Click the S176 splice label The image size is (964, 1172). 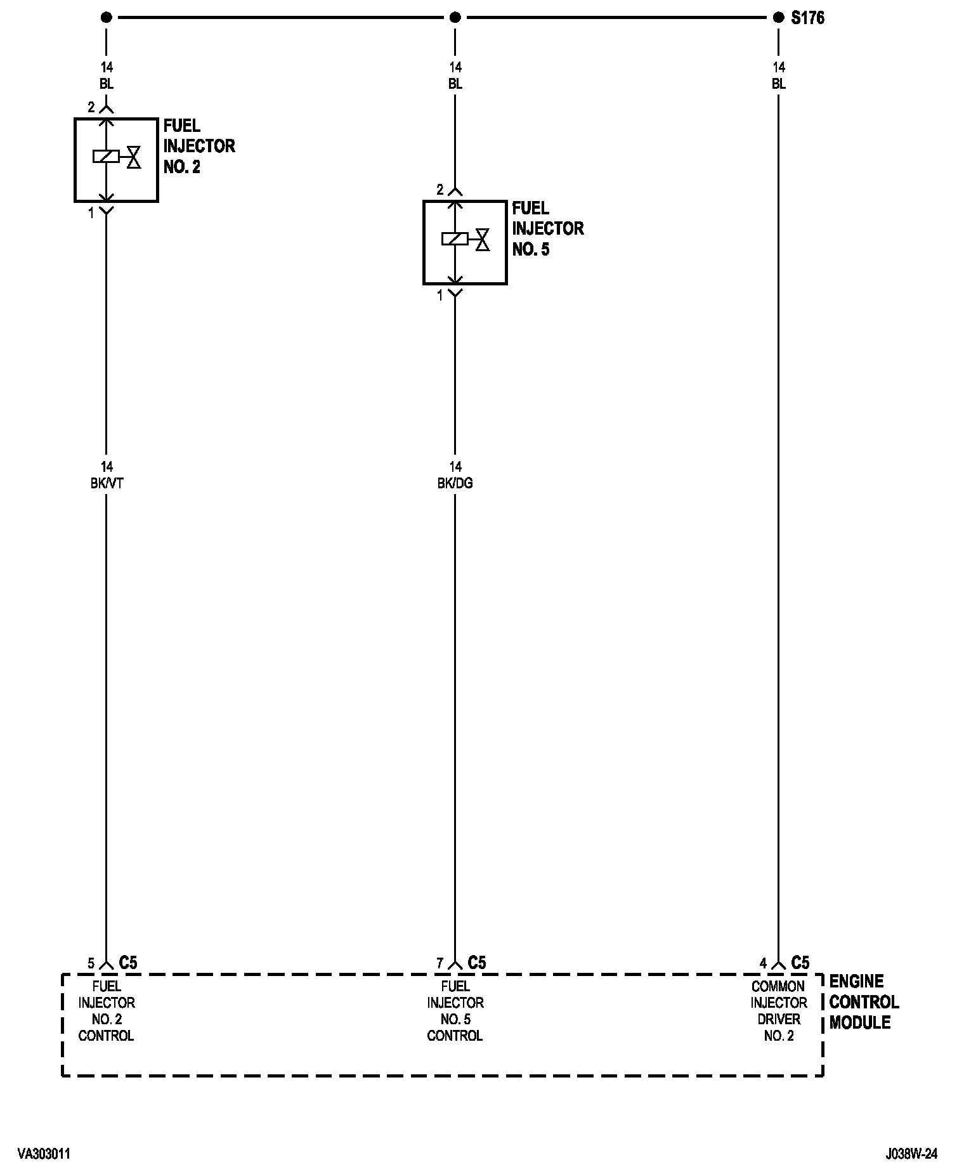click(807, 18)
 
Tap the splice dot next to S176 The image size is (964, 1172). click(779, 18)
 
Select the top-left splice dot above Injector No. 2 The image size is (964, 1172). click(107, 18)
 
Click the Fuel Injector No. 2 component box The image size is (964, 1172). click(116, 160)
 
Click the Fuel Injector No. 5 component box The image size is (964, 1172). click(465, 242)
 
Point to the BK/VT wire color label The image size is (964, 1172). click(107, 483)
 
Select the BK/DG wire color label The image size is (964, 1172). click(455, 483)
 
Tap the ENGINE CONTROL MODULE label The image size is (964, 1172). click(864, 1002)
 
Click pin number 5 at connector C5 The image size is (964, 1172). click(91, 963)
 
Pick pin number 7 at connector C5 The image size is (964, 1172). click(440, 963)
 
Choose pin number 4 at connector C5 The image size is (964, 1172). click(763, 963)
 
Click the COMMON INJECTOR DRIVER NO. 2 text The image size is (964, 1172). click(779, 1011)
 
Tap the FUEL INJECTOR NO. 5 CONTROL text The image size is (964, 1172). click(455, 1011)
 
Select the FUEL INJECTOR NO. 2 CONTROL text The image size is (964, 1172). click(107, 1011)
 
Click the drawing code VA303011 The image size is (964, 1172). click(44, 1154)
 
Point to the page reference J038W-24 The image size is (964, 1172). click(912, 1154)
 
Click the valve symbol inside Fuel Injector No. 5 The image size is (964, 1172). click(483, 239)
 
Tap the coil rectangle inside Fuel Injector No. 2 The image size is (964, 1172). click(106, 156)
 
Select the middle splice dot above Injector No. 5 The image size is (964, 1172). click(455, 18)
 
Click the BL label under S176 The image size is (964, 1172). click(779, 84)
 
